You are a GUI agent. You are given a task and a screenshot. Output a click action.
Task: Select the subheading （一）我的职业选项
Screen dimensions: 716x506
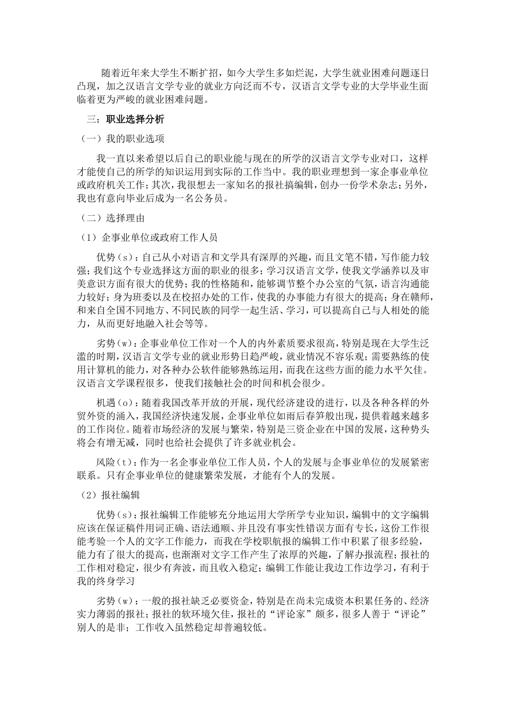click(x=122, y=139)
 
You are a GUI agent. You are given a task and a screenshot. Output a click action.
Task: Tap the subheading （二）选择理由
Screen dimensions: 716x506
click(x=112, y=218)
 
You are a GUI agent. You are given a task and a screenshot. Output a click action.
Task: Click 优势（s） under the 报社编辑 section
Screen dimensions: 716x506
click(x=114, y=515)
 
